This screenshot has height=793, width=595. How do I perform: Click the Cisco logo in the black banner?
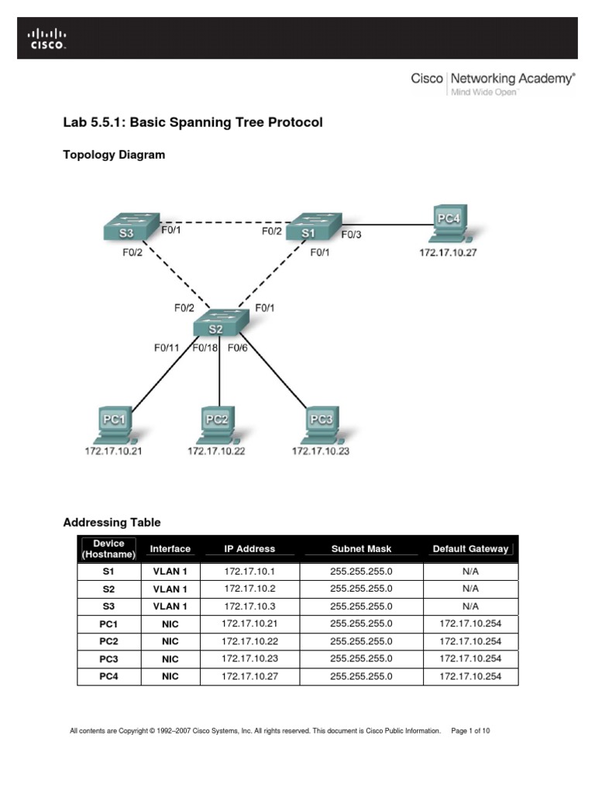pyautogui.click(x=48, y=38)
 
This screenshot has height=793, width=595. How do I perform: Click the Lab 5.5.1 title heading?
pyautogui.click(x=192, y=122)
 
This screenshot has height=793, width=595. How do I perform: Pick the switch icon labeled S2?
pyautogui.click(x=219, y=323)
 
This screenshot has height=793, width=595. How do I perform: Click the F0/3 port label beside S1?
pyautogui.click(x=351, y=234)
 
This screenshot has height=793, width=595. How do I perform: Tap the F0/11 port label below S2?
pyautogui.click(x=166, y=348)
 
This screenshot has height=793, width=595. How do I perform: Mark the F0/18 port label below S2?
pyautogui.click(x=205, y=348)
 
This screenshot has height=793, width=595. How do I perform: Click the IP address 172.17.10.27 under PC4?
pyautogui.click(x=448, y=252)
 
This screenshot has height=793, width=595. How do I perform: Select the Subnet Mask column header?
pyautogui.click(x=361, y=549)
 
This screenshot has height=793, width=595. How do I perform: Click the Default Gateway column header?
pyautogui.click(x=470, y=549)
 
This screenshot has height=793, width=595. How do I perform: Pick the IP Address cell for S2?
pyautogui.click(x=249, y=589)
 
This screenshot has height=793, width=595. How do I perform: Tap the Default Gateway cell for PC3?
pyautogui.click(x=470, y=659)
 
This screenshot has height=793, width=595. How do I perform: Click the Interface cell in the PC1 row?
pyautogui.click(x=170, y=623)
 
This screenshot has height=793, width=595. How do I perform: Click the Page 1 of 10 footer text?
pyautogui.click(x=470, y=730)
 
